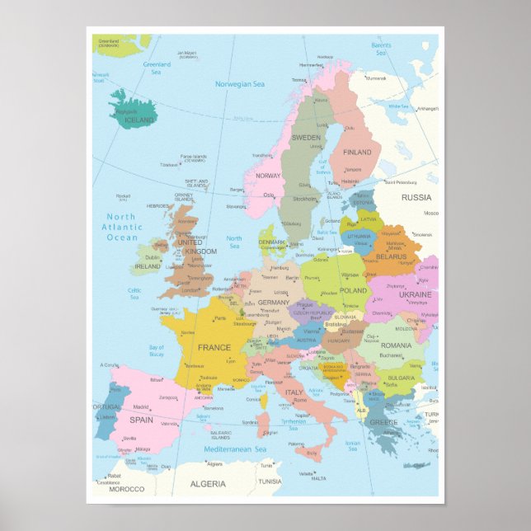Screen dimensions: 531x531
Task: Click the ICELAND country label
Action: pyautogui.click(x=139, y=120)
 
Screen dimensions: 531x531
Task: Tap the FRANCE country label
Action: pyautogui.click(x=214, y=347)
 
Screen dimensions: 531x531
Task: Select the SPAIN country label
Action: pyautogui.click(x=141, y=419)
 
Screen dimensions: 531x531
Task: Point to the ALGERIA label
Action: pyautogui.click(x=207, y=484)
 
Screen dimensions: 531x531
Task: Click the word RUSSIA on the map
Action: pyautogui.click(x=416, y=198)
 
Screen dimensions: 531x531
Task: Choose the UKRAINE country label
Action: pyautogui.click(x=415, y=294)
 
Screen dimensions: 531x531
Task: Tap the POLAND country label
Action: pyautogui.click(x=354, y=291)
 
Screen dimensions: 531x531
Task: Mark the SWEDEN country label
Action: pyautogui.click(x=306, y=138)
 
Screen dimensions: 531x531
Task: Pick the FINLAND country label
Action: pyautogui.click(x=357, y=153)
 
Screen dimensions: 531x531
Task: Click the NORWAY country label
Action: pyautogui.click(x=268, y=176)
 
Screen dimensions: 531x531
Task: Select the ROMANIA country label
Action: pyautogui.click(x=396, y=345)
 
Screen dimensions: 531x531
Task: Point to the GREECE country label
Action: pyautogui.click(x=383, y=423)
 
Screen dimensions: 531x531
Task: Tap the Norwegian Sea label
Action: pyautogui.click(x=240, y=84)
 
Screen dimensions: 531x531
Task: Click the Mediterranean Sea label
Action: pyautogui.click(x=236, y=449)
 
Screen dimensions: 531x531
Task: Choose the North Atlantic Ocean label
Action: pyautogui.click(x=122, y=227)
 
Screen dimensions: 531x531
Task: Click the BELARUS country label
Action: pyautogui.click(x=391, y=256)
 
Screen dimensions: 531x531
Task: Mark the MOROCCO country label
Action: pyautogui.click(x=126, y=489)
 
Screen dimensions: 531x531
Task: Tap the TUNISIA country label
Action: pyautogui.click(x=270, y=482)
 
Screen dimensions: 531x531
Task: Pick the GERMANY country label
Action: pyautogui.click(x=273, y=303)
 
